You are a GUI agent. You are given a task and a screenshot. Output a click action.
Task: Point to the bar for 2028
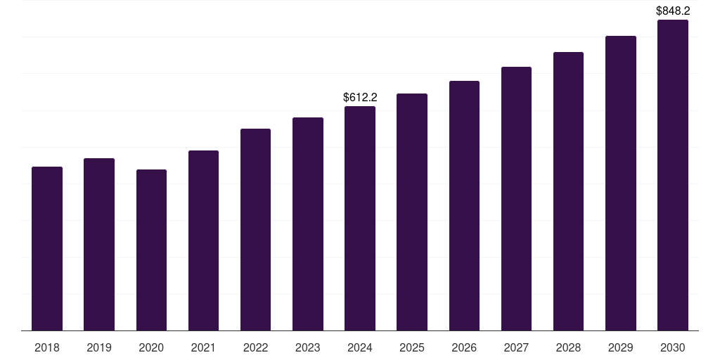point(568,191)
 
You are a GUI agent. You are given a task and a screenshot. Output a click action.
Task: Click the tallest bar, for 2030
point(672,175)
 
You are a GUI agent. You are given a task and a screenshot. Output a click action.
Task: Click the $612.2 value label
point(360,98)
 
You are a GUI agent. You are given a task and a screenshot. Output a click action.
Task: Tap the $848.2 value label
point(673,11)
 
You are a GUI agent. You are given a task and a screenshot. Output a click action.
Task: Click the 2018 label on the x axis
point(47,347)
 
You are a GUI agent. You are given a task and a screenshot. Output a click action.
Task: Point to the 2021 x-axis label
point(203,347)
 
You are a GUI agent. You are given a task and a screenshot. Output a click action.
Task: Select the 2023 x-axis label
point(307,347)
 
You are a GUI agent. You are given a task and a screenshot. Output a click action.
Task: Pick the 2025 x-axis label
point(412,347)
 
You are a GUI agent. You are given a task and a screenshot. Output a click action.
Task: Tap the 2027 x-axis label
point(516,347)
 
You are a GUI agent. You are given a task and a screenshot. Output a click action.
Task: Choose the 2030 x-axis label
point(672,347)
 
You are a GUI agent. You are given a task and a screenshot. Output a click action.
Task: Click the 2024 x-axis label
point(360,347)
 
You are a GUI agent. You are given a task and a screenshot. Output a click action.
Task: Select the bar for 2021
point(203,240)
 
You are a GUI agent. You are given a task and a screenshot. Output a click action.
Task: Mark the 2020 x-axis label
point(151,347)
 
